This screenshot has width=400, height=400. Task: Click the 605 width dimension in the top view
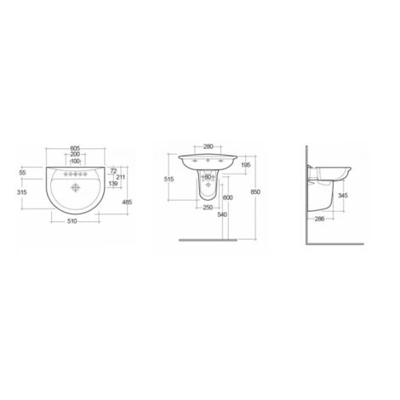[x=75, y=148]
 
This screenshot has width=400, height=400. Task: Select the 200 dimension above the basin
[x=75, y=154]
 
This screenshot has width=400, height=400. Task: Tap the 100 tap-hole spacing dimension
[x=75, y=161]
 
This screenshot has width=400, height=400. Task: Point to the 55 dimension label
[x=22, y=173]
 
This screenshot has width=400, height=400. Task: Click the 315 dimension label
[x=22, y=192]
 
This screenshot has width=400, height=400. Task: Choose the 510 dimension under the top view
[x=72, y=221]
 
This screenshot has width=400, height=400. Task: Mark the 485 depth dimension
[x=127, y=203]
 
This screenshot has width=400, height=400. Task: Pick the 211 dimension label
[x=121, y=177]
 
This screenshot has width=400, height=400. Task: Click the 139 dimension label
[x=113, y=184]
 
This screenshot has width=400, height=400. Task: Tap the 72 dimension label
[x=113, y=171]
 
